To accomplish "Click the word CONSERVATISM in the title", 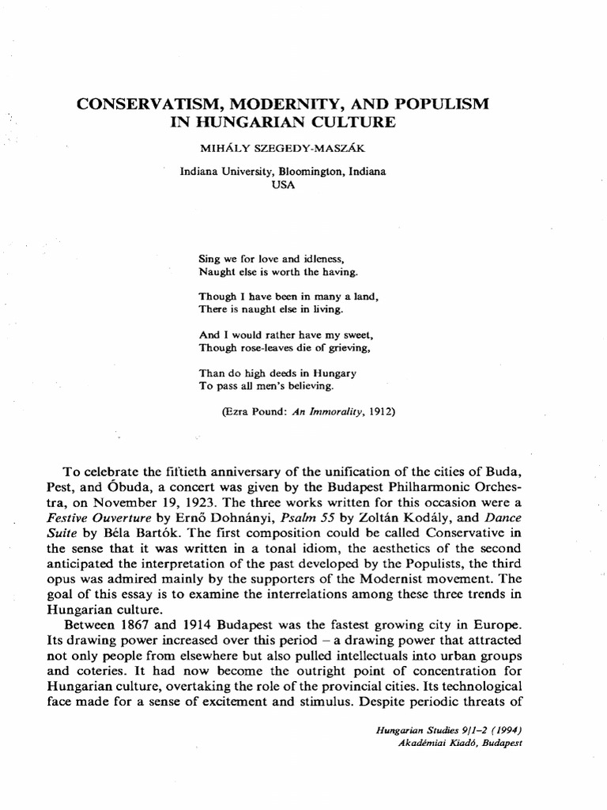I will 145,104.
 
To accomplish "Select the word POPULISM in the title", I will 439,104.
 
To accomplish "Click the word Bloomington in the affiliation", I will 311,172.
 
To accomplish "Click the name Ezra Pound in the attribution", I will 254,411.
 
